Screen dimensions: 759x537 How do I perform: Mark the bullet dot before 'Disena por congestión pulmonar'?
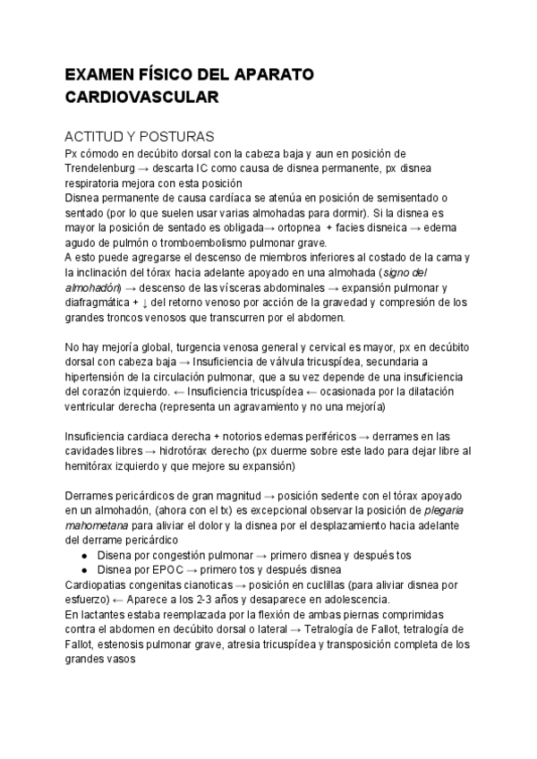point(83,554)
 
